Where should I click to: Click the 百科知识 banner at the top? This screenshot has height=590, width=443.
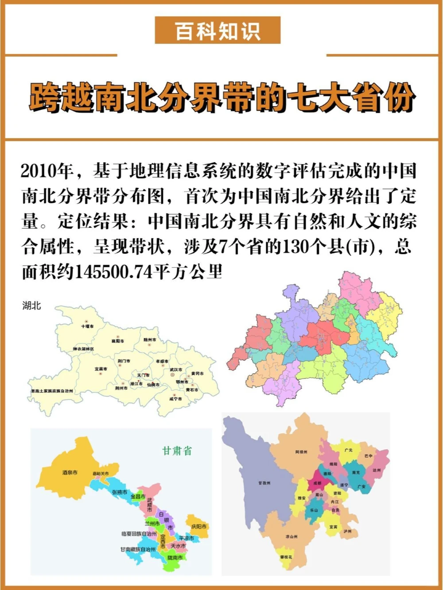(218, 31)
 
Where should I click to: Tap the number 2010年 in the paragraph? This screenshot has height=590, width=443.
(47, 171)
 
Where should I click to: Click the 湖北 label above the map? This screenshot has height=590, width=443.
(31, 305)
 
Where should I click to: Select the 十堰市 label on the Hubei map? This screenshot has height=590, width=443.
(87, 326)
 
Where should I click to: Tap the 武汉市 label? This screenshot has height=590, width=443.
(176, 370)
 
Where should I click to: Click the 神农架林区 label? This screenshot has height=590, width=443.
(83, 349)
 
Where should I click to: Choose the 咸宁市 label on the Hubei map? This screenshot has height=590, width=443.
(175, 398)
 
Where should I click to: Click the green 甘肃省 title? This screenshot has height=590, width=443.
(177, 451)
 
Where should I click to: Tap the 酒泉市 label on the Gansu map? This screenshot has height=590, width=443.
(70, 473)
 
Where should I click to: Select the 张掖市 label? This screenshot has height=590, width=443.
(119, 492)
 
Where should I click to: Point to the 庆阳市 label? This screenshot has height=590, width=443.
(199, 527)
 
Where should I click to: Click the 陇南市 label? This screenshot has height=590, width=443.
(175, 558)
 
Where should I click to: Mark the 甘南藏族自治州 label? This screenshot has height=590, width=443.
(138, 549)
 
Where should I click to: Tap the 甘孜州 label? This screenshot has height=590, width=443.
(264, 483)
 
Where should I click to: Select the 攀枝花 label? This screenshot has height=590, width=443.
(286, 557)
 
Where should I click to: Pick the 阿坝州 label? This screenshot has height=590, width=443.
(301, 452)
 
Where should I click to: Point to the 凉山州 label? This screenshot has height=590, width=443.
(291, 536)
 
